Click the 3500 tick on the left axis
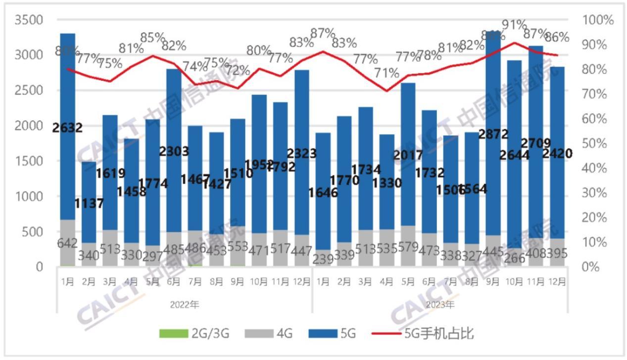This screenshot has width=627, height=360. coord(28,20)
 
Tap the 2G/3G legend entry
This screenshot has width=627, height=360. coord(193,334)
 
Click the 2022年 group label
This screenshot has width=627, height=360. coord(184,305)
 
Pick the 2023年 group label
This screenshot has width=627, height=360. coord(439,305)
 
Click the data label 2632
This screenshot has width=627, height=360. coord(67,128)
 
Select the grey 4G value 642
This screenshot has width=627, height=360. coord(67,244)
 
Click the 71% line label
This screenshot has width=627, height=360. coord(386,73)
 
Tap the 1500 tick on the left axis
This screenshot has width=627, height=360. coord(28,161)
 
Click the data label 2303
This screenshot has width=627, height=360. coord(174,152)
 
